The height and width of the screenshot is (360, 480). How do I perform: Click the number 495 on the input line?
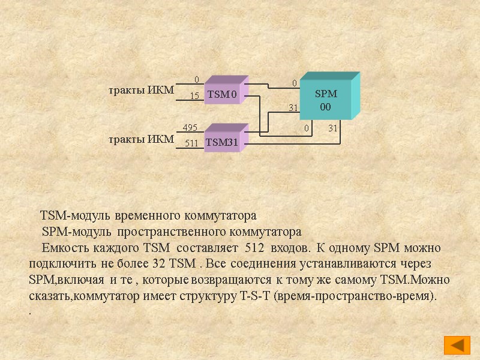(190, 127)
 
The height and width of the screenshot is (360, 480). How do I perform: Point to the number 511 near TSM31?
(191, 143)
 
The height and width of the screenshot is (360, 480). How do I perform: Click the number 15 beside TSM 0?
(194, 95)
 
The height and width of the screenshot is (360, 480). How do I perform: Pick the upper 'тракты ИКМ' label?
(141, 90)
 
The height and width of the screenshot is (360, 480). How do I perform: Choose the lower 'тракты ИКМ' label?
(141, 139)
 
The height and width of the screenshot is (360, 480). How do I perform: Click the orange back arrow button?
(457, 345)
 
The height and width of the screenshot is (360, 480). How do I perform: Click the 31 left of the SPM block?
(293, 108)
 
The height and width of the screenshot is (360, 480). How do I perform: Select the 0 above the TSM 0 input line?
(196, 80)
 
